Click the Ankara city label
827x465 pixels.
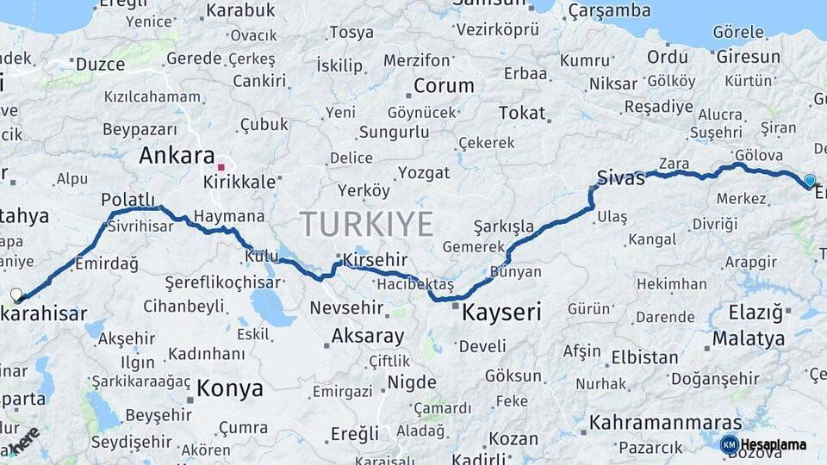177,156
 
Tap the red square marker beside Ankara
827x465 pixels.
221,167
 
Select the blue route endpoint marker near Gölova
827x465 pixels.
809,181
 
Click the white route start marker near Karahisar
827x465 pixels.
16,294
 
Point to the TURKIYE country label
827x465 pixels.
366,224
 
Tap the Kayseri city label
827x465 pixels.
501,312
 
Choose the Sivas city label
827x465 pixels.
621,179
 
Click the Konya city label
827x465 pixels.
229,388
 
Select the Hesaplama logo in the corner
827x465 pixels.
764,444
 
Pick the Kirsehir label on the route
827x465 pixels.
375,260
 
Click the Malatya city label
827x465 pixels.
748,338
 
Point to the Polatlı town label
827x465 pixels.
127,200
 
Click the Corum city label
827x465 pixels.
444,86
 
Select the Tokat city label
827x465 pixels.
522,113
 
